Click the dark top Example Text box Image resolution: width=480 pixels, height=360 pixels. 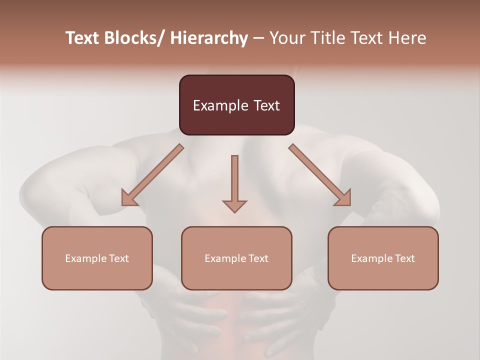tap(236, 105)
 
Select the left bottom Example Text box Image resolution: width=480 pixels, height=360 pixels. tap(97, 258)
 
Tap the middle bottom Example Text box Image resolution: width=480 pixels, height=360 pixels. tap(236, 258)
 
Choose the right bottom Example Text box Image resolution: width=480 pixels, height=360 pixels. tap(383, 258)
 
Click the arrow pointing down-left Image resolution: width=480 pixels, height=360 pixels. tap(152, 175)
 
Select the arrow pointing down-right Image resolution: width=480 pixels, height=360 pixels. tap(320, 175)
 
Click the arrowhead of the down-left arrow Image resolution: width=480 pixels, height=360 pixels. tap(129, 198)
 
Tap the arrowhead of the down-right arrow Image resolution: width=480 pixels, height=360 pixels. tap(343, 198)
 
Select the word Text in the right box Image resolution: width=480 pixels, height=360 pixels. tap(404, 258)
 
